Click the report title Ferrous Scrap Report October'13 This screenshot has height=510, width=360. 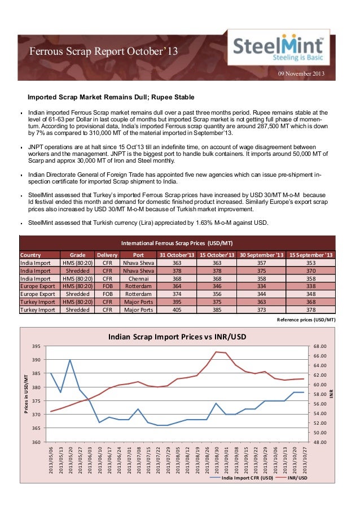pos(103,52)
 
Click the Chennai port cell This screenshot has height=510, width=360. pos(138,278)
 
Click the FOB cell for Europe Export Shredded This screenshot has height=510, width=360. pos(107,294)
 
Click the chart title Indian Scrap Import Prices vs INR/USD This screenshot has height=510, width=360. pos(177,337)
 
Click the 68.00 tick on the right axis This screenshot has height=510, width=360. pos(321,346)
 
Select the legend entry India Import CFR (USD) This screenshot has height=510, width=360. pos(246,479)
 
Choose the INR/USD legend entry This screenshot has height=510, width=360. pos(297,479)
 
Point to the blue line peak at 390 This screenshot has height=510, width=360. pos(70,360)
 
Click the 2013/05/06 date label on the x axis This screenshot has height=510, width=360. pos(51,459)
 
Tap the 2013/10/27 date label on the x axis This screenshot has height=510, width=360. pos(305,459)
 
